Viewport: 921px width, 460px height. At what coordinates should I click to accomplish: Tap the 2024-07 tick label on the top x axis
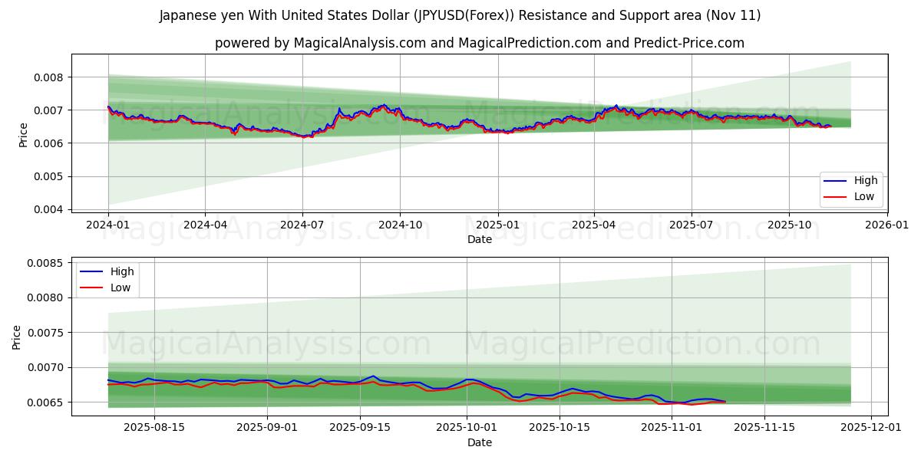click(302, 225)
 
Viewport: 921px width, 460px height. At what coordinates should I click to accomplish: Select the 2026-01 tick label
click(886, 225)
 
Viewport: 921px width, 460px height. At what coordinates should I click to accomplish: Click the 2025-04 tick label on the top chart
click(594, 225)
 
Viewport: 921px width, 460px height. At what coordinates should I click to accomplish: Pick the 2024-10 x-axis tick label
click(400, 225)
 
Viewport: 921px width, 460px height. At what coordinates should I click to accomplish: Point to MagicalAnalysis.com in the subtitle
click(359, 43)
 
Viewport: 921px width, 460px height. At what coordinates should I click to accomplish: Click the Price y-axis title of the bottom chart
click(17, 337)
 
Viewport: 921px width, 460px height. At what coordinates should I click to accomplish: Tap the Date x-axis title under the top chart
click(480, 239)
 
